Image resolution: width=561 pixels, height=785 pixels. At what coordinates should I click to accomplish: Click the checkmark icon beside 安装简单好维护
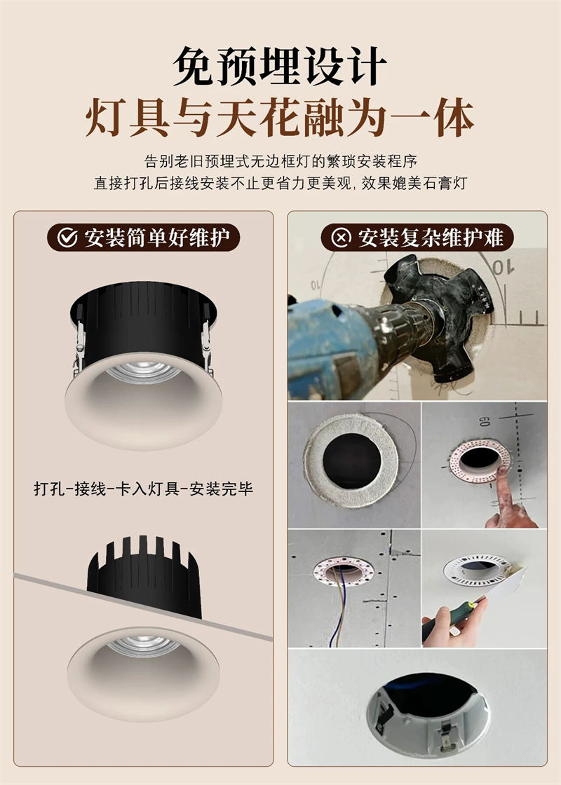pyautogui.click(x=67, y=238)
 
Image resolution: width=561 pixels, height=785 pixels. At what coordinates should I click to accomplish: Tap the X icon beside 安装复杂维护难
pyautogui.click(x=341, y=238)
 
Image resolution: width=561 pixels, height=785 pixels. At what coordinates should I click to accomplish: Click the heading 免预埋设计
pyautogui.click(x=280, y=66)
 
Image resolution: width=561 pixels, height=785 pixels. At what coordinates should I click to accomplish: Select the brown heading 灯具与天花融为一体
pyautogui.click(x=280, y=118)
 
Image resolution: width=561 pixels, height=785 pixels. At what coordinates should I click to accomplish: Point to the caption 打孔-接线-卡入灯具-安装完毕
pyautogui.click(x=144, y=489)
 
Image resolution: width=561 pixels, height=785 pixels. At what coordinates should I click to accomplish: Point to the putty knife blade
pyautogui.click(x=506, y=583)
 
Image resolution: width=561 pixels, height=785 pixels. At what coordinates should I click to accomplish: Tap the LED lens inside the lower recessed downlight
pyautogui.click(x=144, y=646)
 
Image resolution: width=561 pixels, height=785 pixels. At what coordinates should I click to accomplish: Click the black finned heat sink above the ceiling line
pyautogui.click(x=144, y=575)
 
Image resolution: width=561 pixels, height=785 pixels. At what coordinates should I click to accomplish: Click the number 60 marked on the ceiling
pyautogui.click(x=484, y=421)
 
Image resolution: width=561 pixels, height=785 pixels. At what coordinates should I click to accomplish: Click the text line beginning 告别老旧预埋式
pyautogui.click(x=280, y=161)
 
